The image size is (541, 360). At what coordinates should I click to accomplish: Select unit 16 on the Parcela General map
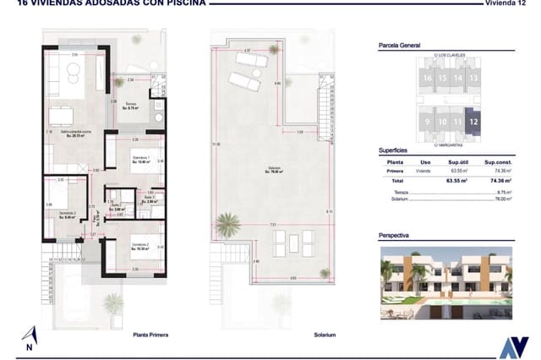pyautogui.click(x=428, y=78)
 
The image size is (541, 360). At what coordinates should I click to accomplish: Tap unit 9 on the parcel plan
pyautogui.click(x=428, y=122)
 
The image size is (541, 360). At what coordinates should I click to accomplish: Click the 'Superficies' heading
pyautogui.click(x=395, y=150)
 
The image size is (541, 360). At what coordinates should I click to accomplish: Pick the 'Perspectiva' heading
pyautogui.click(x=396, y=238)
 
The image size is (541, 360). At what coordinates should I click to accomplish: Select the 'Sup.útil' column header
pyautogui.click(x=459, y=162)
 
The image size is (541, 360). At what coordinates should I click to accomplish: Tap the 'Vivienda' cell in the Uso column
pyautogui.click(x=425, y=171)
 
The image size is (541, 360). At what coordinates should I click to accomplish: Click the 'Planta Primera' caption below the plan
pyautogui.click(x=150, y=335)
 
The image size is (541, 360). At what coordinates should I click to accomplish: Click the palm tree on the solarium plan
pyautogui.click(x=226, y=225)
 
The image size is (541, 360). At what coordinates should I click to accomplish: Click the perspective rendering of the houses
pyautogui.click(x=445, y=283)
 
